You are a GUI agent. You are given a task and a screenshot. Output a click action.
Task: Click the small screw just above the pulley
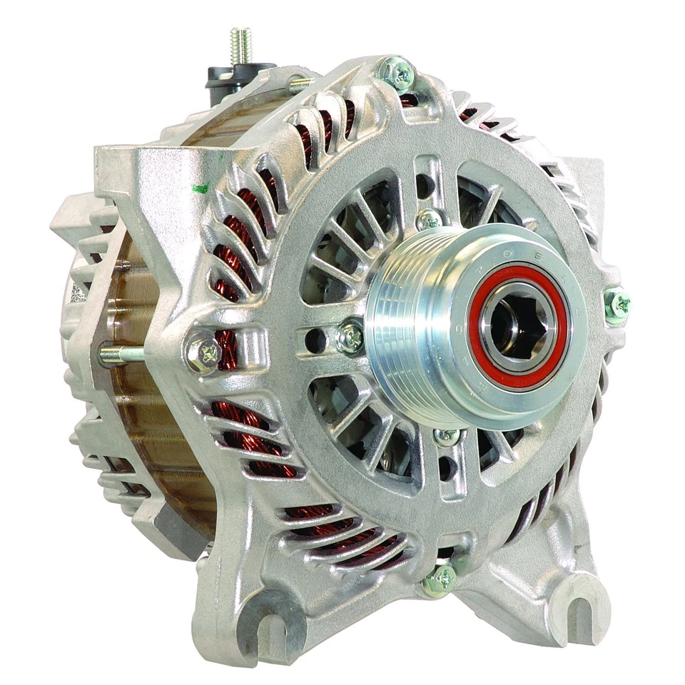coord(430,219)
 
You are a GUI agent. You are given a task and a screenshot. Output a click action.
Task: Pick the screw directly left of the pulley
coord(350,336)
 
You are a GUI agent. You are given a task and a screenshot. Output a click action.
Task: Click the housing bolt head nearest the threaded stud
coord(397,73)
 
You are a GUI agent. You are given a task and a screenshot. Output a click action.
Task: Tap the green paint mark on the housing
coord(201,188)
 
